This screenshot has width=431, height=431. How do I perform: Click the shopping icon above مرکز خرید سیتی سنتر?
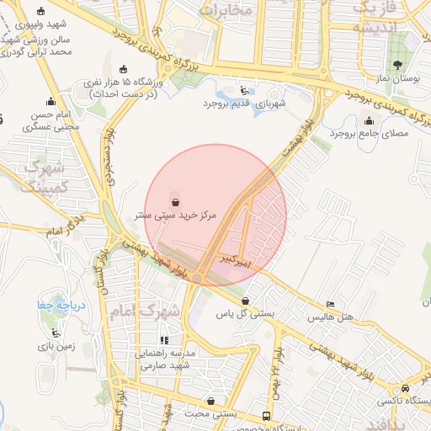click(175, 201)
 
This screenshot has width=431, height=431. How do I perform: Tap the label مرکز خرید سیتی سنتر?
click(176, 215)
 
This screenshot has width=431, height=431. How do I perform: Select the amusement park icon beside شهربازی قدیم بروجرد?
click(244, 90)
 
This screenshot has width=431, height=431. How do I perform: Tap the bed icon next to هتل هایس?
click(330, 304)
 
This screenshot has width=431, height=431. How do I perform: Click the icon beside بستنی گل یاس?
click(245, 301)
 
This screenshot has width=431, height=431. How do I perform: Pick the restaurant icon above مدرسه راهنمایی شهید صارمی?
click(165, 340)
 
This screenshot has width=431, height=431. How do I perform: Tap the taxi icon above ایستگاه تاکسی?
click(407, 389)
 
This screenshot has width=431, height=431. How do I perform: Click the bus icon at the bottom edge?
click(267, 416)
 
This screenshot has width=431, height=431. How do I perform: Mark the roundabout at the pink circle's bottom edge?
click(197, 279)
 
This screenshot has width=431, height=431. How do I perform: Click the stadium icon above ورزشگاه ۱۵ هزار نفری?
click(125, 69)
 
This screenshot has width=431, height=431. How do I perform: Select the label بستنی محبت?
click(233, 414)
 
